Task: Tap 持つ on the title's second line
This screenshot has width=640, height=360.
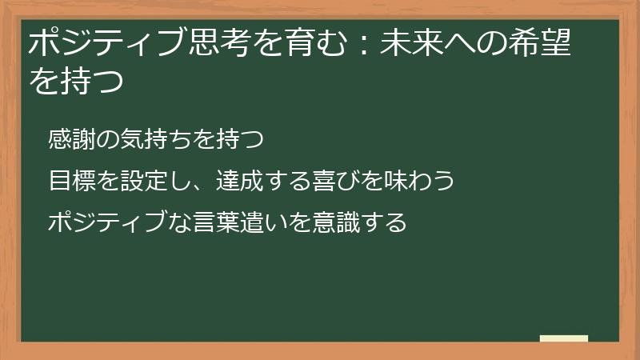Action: click(x=92, y=82)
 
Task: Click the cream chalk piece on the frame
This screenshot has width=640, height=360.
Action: click(x=564, y=338)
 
